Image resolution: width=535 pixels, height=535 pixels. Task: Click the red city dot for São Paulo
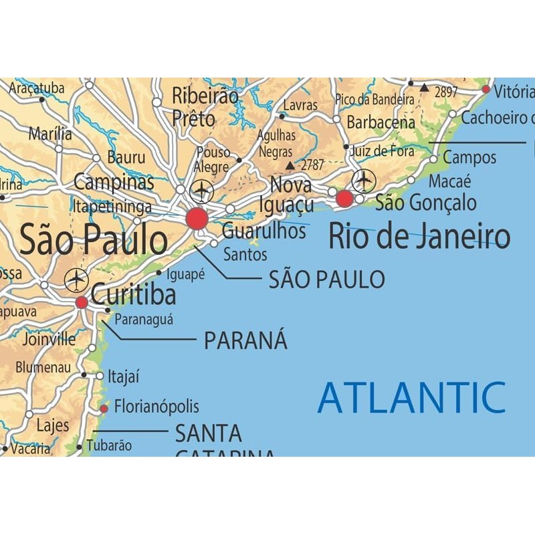coord(197,219)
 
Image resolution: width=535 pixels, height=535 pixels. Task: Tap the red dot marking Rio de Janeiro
coord(344,199)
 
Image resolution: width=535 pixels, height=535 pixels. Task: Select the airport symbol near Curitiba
coord(76,279)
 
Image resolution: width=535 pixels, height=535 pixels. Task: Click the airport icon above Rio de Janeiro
coord(364,180)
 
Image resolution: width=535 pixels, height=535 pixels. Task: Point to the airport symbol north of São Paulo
coord(201,191)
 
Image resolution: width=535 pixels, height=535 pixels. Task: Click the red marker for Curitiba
coord(82,302)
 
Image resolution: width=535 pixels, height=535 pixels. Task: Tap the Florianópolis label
coord(156,407)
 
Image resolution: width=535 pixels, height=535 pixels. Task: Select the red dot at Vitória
coord(486,89)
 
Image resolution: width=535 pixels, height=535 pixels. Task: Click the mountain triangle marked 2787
coord(289,165)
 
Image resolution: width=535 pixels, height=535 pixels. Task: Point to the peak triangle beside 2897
coord(424,88)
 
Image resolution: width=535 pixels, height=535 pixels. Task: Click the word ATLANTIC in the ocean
coord(411,398)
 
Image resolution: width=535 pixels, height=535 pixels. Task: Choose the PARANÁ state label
coord(245,340)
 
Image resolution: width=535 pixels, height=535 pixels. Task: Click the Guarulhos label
coord(263,232)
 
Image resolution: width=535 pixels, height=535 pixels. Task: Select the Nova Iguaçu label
coord(292,195)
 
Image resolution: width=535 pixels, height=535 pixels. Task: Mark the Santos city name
coord(245,254)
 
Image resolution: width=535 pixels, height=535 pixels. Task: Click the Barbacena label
coord(381,123)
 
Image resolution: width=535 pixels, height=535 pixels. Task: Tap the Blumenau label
coord(43,367)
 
